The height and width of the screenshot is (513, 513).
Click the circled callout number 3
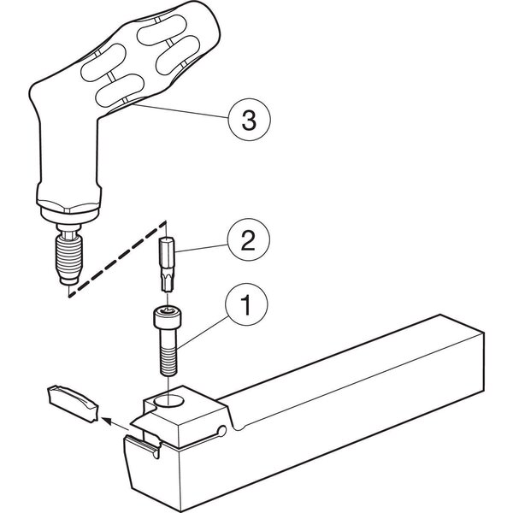250,120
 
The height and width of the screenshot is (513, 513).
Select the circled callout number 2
249,240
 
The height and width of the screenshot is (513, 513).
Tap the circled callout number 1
246,304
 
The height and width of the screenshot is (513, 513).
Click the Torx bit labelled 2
167,264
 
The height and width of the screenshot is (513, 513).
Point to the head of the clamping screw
168,316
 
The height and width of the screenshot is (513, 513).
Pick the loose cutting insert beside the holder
73,404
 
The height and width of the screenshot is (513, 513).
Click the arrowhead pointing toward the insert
106,420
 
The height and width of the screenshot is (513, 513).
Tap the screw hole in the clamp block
168,401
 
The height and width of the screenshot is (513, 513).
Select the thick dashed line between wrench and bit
116,259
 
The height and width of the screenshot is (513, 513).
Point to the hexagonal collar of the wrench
68,206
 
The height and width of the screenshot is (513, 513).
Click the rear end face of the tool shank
463,353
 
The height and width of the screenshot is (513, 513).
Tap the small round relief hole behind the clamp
222,431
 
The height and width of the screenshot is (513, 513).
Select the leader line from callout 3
181,111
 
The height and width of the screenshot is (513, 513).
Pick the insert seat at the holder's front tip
144,443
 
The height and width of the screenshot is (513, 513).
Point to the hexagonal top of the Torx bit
167,239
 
